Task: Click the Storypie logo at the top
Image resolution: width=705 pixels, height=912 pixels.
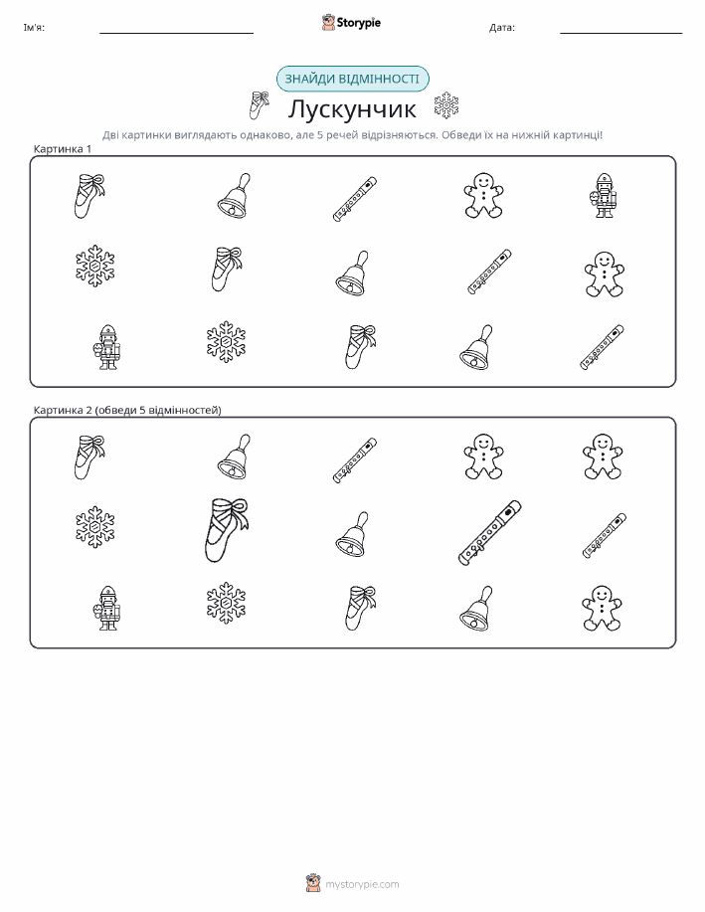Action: tap(351, 23)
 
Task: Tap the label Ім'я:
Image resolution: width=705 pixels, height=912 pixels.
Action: tap(34, 27)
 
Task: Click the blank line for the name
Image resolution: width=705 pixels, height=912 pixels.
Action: tap(176, 33)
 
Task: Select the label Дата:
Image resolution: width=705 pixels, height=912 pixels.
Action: tap(502, 27)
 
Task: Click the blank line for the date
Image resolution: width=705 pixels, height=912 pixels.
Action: tap(620, 33)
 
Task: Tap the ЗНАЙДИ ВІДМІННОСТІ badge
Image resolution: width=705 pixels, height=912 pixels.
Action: tap(352, 80)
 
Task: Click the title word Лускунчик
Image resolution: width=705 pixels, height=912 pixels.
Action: tap(352, 108)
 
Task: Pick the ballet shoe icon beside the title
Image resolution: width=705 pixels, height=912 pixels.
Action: tap(259, 105)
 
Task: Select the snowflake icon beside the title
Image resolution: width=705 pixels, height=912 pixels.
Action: tap(446, 105)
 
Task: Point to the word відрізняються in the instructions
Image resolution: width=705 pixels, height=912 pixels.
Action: tap(399, 135)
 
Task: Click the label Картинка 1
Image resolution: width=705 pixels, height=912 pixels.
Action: tap(63, 149)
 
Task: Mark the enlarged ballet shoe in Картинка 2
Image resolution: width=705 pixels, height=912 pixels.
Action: tap(227, 530)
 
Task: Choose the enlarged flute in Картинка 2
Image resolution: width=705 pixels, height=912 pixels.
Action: tap(490, 532)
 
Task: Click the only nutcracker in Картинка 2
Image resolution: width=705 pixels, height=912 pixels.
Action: tap(106, 608)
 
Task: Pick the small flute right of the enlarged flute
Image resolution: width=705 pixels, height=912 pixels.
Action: tap(605, 536)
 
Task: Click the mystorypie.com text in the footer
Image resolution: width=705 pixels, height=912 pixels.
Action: tap(362, 885)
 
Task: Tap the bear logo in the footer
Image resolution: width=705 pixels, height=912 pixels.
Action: tap(313, 883)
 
